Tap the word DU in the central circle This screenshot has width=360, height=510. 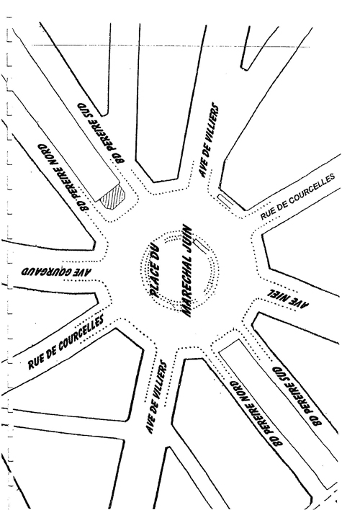tap(157, 251)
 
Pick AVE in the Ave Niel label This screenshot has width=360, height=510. tap(301, 303)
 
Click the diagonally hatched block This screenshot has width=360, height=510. tap(112, 197)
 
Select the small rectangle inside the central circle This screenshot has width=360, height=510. tap(202, 245)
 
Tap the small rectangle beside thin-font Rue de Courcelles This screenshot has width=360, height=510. tap(225, 200)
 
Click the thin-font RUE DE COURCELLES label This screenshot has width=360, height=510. tap(297, 196)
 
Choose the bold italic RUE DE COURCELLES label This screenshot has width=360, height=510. tap(66, 341)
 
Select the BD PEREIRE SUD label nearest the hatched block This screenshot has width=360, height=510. tap(101, 133)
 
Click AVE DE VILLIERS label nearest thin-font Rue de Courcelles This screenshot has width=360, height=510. tap(208, 140)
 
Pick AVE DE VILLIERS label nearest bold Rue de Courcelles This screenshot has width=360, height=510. tap(156, 396)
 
